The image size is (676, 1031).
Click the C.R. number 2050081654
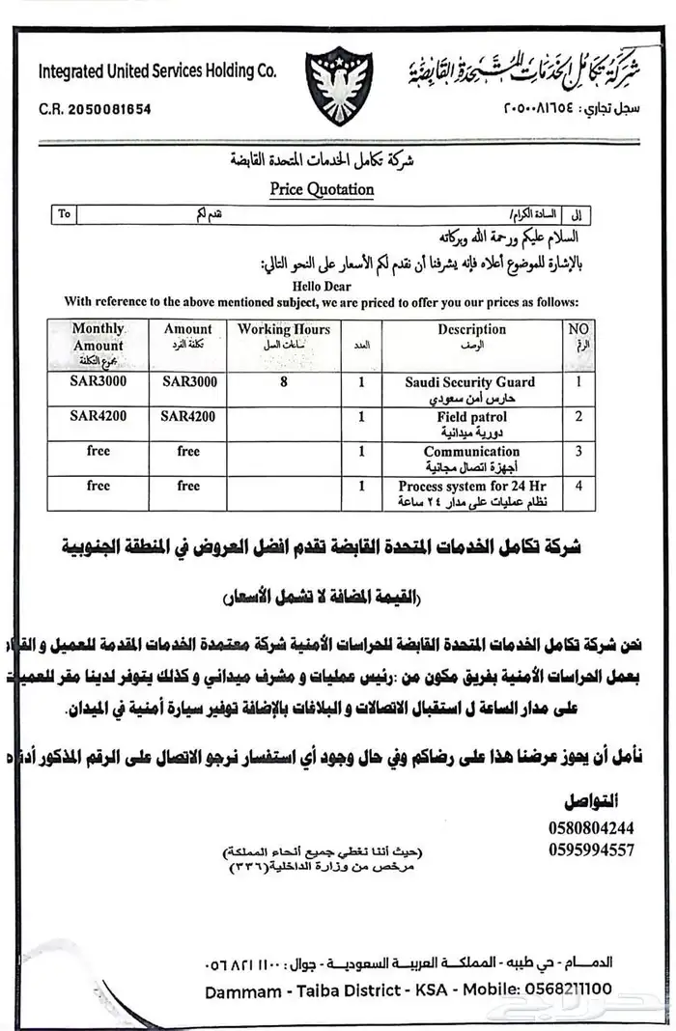point(95,109)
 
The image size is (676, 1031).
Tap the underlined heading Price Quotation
point(322,189)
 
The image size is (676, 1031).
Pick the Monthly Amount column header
point(99,337)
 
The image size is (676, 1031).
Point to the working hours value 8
point(284,382)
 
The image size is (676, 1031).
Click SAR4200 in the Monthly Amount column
point(99,417)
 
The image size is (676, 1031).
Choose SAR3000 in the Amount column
point(189,382)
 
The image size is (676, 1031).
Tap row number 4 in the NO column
point(578,487)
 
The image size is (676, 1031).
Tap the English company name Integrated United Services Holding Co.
point(157,71)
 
